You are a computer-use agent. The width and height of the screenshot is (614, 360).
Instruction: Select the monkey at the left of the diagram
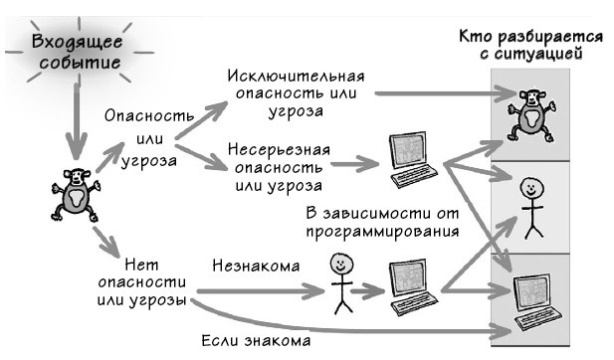(x=75, y=193)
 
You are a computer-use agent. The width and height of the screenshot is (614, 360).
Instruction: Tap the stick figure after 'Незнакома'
(x=340, y=281)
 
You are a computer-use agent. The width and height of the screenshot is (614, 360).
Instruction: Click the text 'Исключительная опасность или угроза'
(x=296, y=93)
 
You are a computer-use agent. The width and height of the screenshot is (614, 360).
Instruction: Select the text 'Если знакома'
(x=254, y=339)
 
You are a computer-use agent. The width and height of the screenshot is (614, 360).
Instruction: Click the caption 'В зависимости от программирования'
(x=381, y=223)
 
